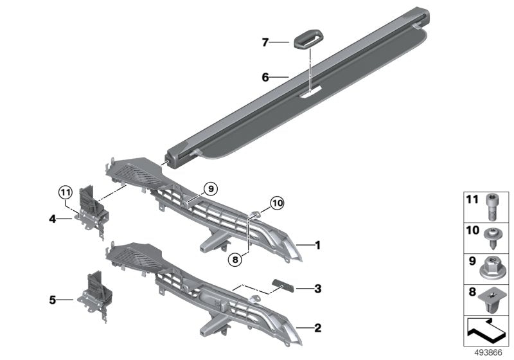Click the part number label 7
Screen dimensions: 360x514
(x=265, y=43)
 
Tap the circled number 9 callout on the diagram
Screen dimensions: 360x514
(x=211, y=188)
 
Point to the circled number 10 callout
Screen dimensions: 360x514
(x=276, y=203)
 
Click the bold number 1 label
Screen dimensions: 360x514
(x=317, y=244)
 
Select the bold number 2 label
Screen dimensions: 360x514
(x=317, y=327)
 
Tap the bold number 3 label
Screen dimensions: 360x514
(x=317, y=289)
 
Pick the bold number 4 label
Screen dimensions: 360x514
(x=52, y=219)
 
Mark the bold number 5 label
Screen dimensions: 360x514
(x=52, y=299)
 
